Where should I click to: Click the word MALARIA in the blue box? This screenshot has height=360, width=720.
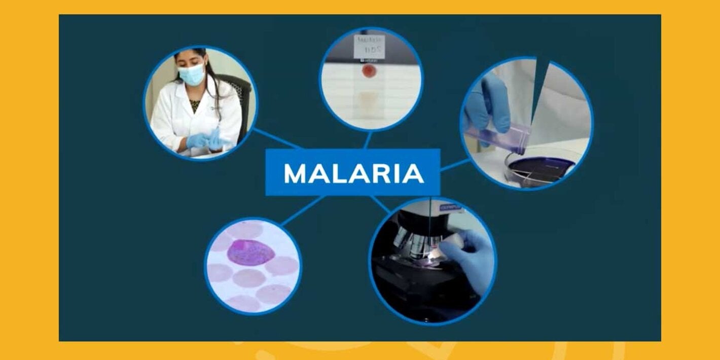(x=353, y=173)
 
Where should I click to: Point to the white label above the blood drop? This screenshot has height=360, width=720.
(x=370, y=46)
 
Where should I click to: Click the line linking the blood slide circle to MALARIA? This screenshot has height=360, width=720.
(x=367, y=139)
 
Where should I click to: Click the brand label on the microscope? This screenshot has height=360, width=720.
(x=449, y=207)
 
